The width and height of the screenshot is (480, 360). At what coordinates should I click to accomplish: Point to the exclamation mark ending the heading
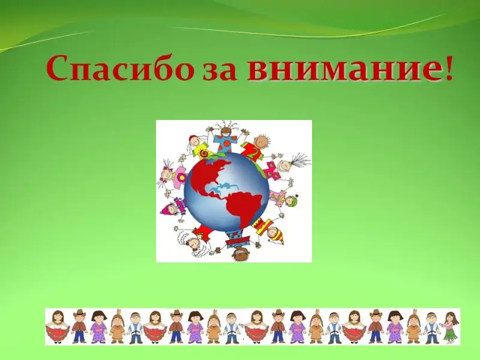point(448,68)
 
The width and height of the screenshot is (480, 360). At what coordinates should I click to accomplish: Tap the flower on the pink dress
point(183,176)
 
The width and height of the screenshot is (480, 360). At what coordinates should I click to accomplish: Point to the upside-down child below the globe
point(238,245)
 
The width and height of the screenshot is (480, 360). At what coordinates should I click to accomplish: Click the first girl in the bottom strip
point(58,327)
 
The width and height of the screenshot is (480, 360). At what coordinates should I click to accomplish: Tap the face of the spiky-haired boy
point(261,141)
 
